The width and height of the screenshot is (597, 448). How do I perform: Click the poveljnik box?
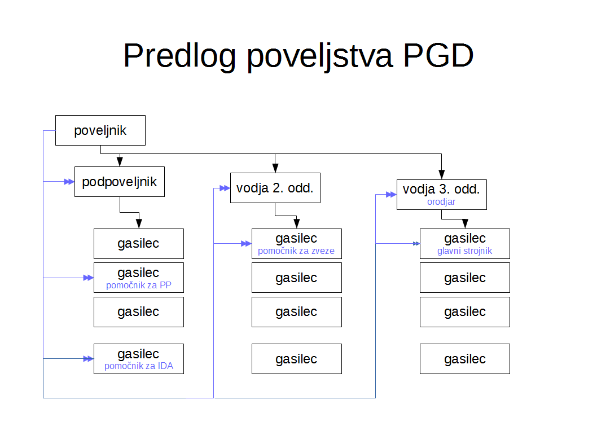pos(100,130)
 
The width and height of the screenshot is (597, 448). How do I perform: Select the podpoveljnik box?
pos(120,182)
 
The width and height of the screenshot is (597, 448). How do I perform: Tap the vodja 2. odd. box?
pos(275,188)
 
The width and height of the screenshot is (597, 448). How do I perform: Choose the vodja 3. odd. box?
pos(442,195)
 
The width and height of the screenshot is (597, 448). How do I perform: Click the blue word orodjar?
pos(441,202)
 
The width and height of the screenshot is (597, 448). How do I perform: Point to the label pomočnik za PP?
pos(139,285)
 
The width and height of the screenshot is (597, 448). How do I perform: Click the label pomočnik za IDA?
pos(139,366)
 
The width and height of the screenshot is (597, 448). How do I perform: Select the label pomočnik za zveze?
pos(296,251)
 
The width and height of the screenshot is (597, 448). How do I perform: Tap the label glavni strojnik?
pos(464,251)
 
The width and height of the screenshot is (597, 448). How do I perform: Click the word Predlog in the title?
pos(179,56)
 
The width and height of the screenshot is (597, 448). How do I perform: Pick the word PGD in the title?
pos(438,55)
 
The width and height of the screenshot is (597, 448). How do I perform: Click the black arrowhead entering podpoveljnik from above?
pos(120,161)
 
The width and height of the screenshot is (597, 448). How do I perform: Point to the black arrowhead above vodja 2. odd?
pos(275,168)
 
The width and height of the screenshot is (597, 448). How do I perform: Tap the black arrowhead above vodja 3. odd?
pos(442,174)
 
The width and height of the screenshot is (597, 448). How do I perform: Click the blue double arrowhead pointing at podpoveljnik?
pos(69,182)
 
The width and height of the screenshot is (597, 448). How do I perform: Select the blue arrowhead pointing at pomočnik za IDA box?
pos(89,358)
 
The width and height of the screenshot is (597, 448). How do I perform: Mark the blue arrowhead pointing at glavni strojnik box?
pos(416,244)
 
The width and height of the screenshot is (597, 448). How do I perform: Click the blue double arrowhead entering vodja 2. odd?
pos(225,188)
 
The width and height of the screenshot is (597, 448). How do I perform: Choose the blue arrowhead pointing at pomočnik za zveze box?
pos(247,244)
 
